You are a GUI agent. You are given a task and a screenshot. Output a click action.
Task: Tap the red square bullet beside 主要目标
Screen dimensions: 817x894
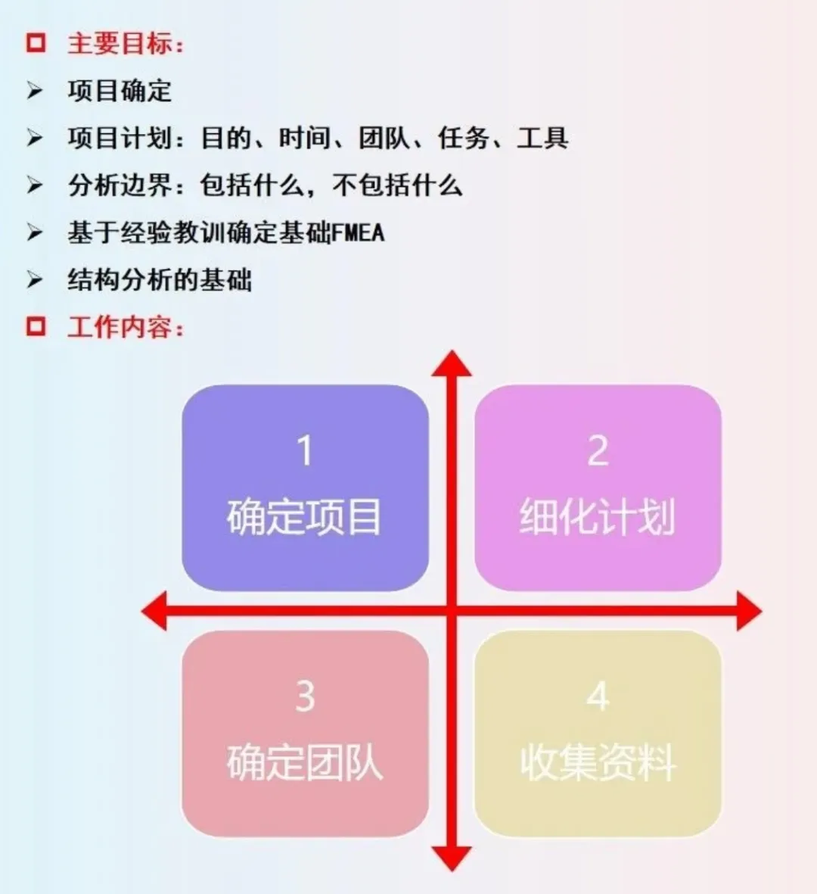tap(36, 42)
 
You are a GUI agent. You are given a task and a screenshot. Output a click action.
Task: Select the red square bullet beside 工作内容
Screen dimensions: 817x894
tap(36, 327)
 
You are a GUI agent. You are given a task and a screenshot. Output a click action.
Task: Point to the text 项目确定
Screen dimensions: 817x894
tap(120, 91)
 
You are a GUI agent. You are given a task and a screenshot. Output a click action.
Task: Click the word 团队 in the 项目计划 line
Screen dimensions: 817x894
tap(384, 138)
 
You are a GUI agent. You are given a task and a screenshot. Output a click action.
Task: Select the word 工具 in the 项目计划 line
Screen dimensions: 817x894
tap(542, 138)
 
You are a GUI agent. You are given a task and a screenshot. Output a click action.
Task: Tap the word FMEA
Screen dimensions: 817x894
tap(358, 232)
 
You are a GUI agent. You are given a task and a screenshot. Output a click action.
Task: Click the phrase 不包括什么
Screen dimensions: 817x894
tap(397, 185)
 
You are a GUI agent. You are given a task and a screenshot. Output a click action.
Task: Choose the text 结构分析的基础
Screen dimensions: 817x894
tap(160, 280)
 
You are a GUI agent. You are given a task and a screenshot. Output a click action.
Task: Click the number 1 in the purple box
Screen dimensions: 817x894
tap(304, 451)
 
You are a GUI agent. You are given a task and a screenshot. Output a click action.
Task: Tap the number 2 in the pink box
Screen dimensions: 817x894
tap(598, 451)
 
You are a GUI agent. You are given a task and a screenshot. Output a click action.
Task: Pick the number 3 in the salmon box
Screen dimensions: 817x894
tap(305, 696)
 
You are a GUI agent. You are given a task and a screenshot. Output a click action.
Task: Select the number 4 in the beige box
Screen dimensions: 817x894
tap(598, 696)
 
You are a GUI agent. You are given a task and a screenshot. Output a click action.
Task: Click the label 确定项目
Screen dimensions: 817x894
tap(304, 517)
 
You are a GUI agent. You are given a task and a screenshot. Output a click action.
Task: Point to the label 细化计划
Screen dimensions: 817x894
tap(597, 517)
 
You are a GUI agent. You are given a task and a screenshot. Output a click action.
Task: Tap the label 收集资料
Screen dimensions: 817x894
tap(598, 762)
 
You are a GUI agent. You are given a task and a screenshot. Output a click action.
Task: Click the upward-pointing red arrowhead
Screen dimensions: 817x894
tap(452, 364)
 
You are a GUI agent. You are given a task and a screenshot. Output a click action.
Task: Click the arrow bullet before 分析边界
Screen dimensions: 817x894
tap(35, 185)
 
